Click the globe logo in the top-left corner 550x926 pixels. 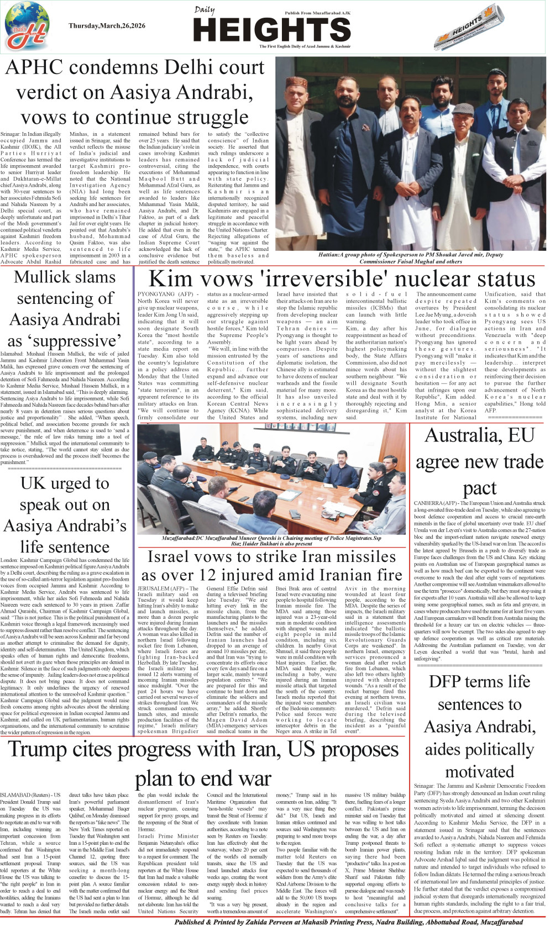[27, 25]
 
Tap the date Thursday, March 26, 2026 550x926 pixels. [107, 26]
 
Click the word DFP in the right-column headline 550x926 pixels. [448, 681]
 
